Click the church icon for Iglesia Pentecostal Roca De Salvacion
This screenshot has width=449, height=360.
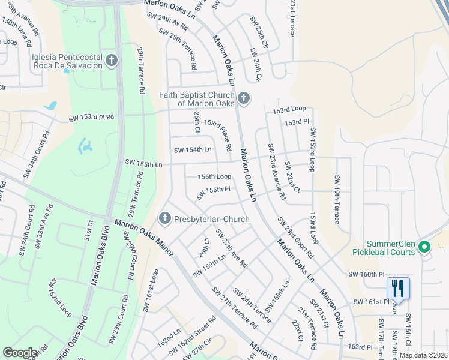pyautogui.click(x=111, y=60)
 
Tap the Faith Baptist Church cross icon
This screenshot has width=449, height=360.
pyautogui.click(x=243, y=98)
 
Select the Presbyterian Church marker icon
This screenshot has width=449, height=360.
pyautogui.click(x=166, y=218)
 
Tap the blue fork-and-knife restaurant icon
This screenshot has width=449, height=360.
pyautogui.click(x=398, y=288)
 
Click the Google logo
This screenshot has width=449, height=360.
pyautogui.click(x=20, y=353)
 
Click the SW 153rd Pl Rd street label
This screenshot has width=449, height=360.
pyautogui.click(x=91, y=119)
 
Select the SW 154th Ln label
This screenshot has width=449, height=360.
pyautogui.click(x=193, y=149)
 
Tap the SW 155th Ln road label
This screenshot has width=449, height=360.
pyautogui.click(x=144, y=163)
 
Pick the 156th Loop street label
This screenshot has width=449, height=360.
pyautogui.click(x=215, y=176)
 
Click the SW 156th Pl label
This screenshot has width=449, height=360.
pyautogui.click(x=214, y=193)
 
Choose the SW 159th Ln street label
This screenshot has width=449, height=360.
pyautogui.click(x=209, y=266)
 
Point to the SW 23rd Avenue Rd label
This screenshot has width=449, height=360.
pyautogui.click(x=276, y=171)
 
